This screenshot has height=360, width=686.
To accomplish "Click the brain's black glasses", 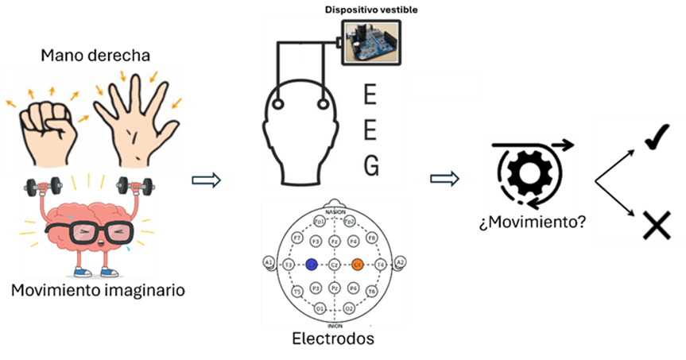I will (x=89, y=233).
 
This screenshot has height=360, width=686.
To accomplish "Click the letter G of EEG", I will (x=370, y=165).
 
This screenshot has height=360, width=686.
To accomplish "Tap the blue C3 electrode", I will (x=312, y=265).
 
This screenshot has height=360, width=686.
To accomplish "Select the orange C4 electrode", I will (x=358, y=265).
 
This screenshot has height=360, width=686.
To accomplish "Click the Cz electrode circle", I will (x=335, y=265).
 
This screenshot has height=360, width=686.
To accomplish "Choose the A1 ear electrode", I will (x=268, y=263).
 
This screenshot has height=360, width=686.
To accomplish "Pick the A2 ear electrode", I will (x=400, y=263).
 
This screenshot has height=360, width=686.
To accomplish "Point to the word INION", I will (x=335, y=325).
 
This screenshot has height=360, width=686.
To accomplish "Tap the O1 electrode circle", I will (x=320, y=308).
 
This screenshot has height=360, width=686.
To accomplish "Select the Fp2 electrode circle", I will (x=350, y=221).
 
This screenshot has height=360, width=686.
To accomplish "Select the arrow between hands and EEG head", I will (x=206, y=180).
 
